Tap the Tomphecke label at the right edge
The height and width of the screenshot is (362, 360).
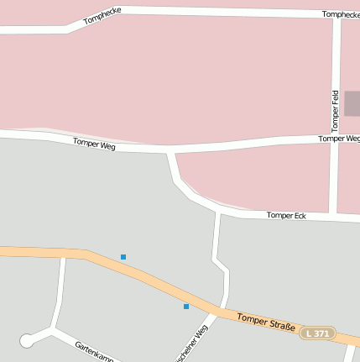(x=340, y=14)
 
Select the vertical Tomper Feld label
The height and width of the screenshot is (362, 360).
(x=334, y=110)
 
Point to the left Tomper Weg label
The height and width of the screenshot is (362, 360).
(x=94, y=144)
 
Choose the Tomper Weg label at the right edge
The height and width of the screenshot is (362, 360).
(x=339, y=139)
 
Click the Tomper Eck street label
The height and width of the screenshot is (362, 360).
(x=286, y=216)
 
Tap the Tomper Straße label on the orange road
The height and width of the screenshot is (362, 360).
(x=266, y=322)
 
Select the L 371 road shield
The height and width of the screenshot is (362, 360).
(x=318, y=333)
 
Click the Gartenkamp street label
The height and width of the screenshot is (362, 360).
(x=93, y=351)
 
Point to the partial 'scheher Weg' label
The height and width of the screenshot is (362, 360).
(x=190, y=346)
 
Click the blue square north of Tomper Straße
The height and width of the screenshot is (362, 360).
(x=123, y=257)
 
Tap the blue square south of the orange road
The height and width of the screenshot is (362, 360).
(x=186, y=307)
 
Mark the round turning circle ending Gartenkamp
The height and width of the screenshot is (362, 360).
(x=27, y=340)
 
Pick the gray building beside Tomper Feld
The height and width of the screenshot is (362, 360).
(x=352, y=103)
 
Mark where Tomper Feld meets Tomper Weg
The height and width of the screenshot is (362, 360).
(x=335, y=139)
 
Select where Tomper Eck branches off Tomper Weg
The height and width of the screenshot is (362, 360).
(x=172, y=152)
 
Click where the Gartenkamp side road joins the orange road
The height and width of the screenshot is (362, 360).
(x=64, y=254)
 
